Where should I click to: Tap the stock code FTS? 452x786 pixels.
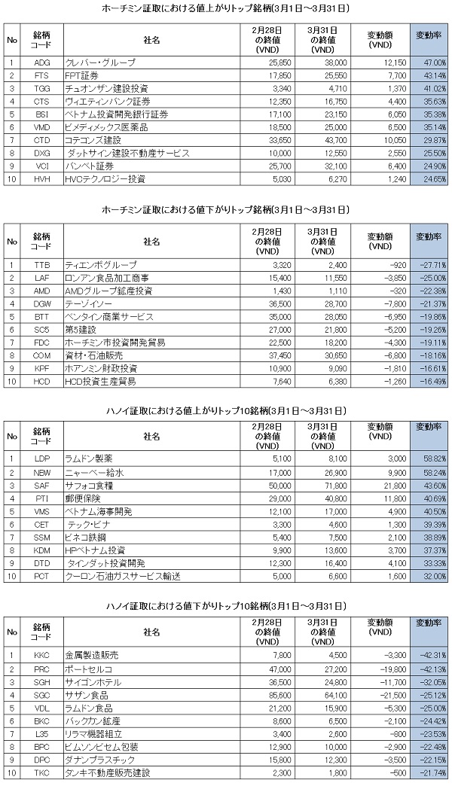point(42,77)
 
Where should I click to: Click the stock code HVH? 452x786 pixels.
point(42,179)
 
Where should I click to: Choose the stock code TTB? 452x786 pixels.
point(42,265)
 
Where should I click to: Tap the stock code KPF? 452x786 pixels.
point(42,367)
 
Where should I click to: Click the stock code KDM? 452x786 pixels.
point(42,550)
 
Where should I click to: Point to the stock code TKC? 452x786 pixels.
point(42,773)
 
